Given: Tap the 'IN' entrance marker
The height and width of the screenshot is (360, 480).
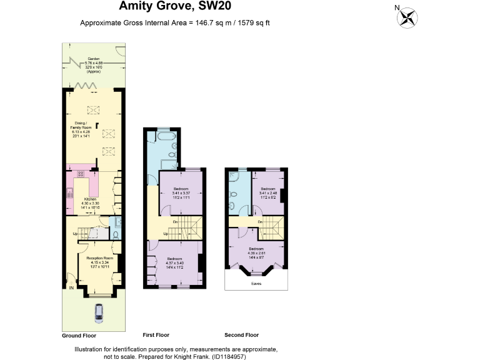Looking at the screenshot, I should [71, 287].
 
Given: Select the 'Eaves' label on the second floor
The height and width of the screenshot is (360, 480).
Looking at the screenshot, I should [256, 283].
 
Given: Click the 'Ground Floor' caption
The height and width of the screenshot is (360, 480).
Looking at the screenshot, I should [79, 335].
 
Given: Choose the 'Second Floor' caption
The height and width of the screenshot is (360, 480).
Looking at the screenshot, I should [242, 335].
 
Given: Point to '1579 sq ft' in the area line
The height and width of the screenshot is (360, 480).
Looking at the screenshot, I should [252, 23].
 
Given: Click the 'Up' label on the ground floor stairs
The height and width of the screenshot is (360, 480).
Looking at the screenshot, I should [76, 234].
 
